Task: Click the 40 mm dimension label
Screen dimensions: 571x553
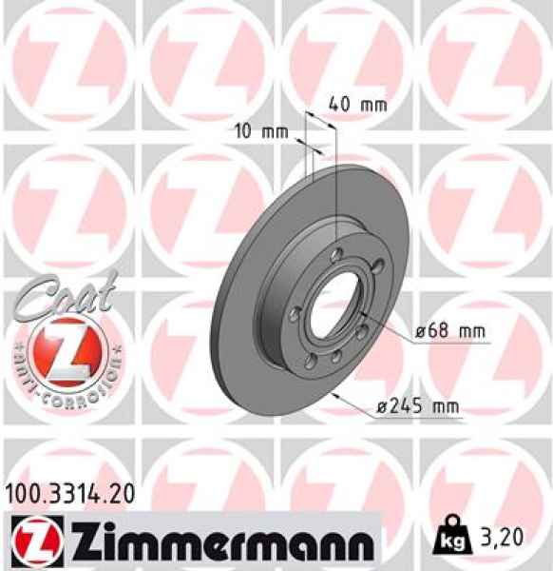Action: (x=351, y=104)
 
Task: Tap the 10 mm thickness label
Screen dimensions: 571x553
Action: (x=259, y=132)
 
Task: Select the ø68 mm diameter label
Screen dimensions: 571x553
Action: (x=449, y=331)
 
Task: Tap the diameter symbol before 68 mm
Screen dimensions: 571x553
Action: (x=421, y=332)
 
